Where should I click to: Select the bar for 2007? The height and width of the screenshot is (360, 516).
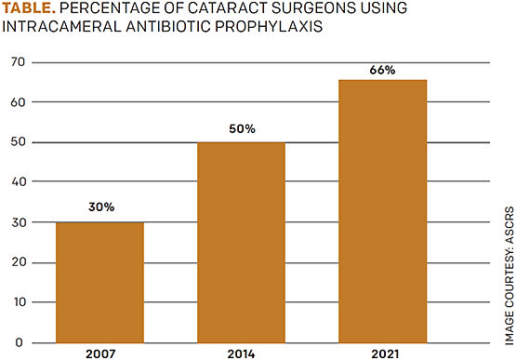99,282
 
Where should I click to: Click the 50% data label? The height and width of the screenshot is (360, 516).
241,127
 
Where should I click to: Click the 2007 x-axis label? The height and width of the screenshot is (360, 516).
99,353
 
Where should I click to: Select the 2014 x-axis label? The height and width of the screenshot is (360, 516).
241,353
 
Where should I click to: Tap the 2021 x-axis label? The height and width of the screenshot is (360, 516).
383,353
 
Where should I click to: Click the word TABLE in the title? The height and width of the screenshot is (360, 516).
29,10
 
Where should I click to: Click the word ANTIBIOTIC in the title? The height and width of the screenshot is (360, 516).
171,29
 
